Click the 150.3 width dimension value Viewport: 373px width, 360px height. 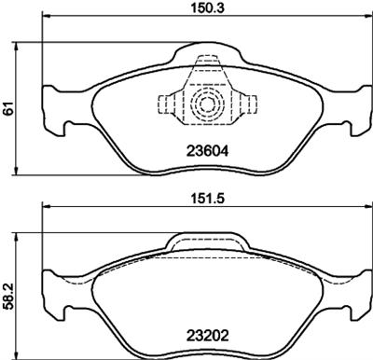tap(207, 7)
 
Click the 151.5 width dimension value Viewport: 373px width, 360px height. tap(207, 198)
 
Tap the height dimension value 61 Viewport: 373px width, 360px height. tap(8, 108)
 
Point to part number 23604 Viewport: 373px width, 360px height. tap(207, 151)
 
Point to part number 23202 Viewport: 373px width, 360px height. tap(207, 336)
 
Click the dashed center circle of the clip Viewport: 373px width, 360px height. tap(207, 104)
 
